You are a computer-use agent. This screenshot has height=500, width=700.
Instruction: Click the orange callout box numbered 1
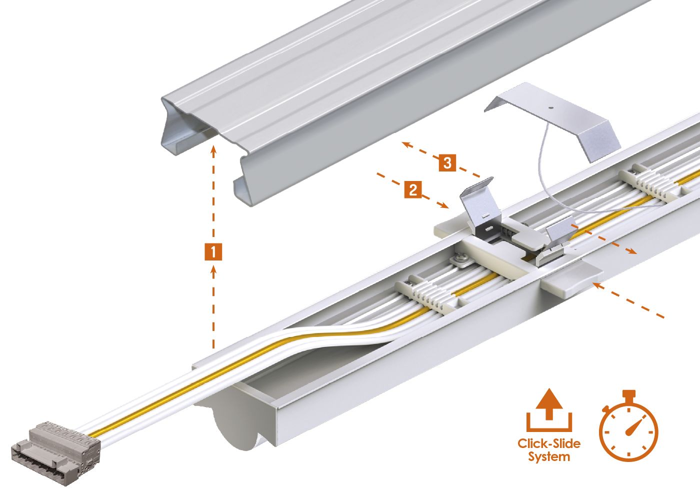(213, 251)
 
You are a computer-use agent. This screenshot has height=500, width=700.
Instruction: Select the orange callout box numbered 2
(412, 189)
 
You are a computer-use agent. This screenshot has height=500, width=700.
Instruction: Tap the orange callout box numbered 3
(447, 162)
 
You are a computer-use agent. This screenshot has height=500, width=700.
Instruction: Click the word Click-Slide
(549, 443)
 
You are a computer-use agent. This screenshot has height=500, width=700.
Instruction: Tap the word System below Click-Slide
(549, 457)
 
